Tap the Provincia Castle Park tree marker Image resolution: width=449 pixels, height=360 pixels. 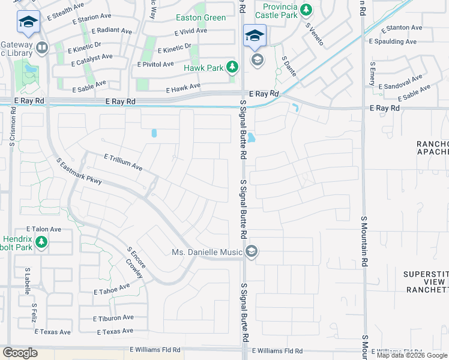[x=306, y=10]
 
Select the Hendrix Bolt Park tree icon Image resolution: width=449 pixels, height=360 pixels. [x=41, y=242]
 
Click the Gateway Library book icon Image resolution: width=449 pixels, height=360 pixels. [x=41, y=47]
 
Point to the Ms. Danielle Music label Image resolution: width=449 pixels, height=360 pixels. [x=207, y=252]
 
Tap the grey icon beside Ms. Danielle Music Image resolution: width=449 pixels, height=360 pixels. [x=252, y=252]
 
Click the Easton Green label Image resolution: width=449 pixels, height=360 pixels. [x=201, y=18]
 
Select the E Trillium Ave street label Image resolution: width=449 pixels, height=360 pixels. [x=122, y=162]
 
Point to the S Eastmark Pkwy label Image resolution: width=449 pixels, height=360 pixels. [x=79, y=172]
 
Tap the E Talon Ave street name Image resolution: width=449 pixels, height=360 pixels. [x=43, y=229]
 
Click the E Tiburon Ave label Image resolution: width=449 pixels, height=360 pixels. [x=113, y=318]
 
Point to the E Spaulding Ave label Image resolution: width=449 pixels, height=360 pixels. [x=393, y=42]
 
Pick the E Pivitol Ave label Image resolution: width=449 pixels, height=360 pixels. [x=155, y=64]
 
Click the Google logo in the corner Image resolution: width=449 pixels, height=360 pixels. [x=20, y=353]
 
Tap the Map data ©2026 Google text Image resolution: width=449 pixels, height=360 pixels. [x=412, y=355]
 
